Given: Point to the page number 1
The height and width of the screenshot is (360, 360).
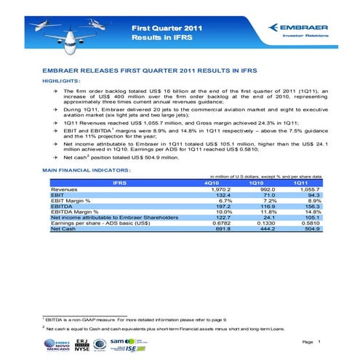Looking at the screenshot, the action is coord(318,341).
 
